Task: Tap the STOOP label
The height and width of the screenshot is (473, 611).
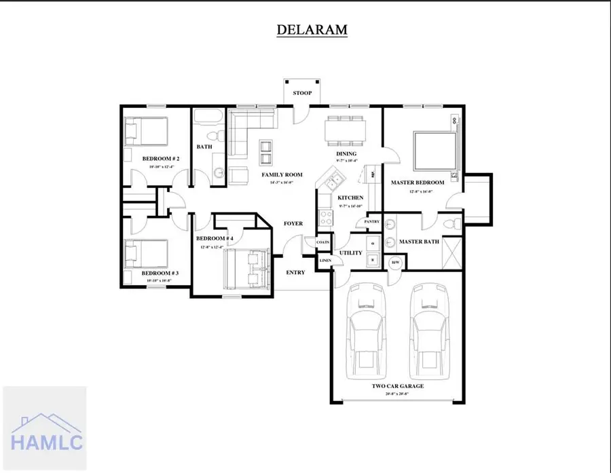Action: point(302,93)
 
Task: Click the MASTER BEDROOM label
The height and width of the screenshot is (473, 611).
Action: point(418,183)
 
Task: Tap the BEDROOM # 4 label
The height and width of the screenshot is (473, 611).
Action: point(215,239)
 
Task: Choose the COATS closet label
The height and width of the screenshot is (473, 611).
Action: point(323,242)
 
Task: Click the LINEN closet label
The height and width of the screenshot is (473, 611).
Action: point(325,261)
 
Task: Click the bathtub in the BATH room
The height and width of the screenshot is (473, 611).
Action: point(204,119)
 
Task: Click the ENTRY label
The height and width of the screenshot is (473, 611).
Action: point(295,273)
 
